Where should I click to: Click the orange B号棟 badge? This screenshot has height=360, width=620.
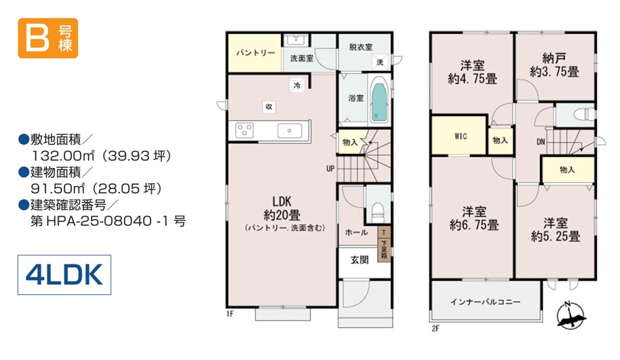48,39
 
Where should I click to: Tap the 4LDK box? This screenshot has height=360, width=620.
64,275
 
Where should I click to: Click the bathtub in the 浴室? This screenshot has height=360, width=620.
379,99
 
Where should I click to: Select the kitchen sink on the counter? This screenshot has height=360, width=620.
290,130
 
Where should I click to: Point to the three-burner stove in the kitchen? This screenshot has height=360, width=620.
244,130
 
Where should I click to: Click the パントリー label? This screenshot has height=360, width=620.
256,53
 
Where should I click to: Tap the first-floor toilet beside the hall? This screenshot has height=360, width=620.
378,212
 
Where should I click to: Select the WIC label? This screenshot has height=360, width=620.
461,136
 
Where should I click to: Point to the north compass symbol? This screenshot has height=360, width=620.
570,315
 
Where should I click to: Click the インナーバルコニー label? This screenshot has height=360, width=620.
486,302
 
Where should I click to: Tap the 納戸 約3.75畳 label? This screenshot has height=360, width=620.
554,65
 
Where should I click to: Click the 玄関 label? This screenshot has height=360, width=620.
360,260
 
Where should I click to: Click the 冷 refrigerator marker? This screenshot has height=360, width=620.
297,85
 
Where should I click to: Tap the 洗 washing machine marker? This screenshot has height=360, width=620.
380,62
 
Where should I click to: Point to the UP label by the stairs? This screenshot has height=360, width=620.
330,169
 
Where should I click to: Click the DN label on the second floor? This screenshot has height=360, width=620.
541,142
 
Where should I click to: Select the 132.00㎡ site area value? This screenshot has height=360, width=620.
63,156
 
